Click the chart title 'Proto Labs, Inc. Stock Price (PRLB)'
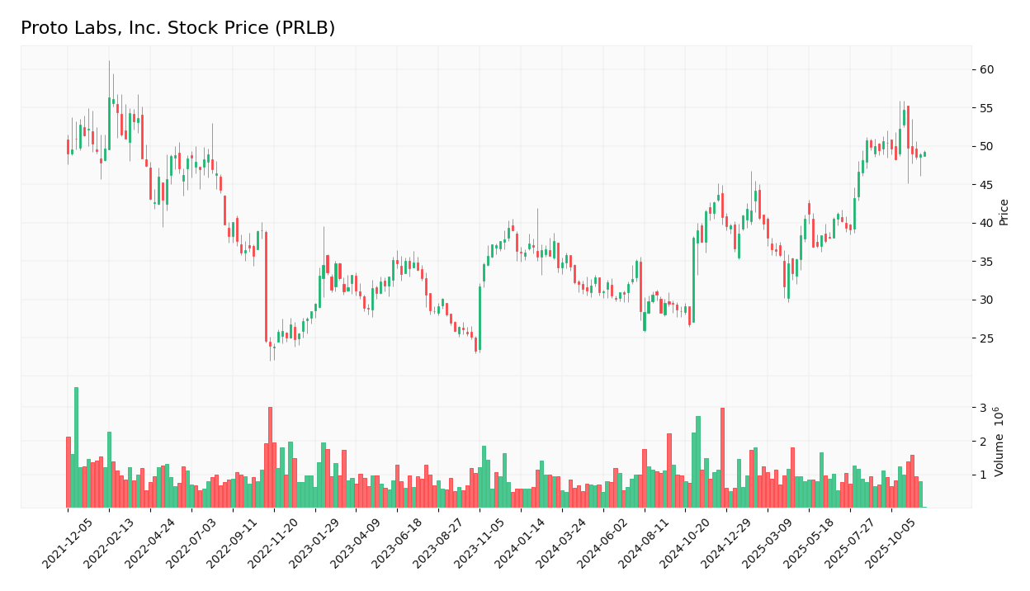[x=177, y=29]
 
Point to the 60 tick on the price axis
[x=987, y=69]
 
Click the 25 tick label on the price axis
[x=987, y=338]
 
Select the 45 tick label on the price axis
[x=987, y=185]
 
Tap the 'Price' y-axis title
[x=1004, y=211]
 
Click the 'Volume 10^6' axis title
[x=999, y=442]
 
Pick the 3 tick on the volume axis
[x=983, y=408]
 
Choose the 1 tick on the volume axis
[x=983, y=475]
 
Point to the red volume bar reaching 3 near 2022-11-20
[x=270, y=457]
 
